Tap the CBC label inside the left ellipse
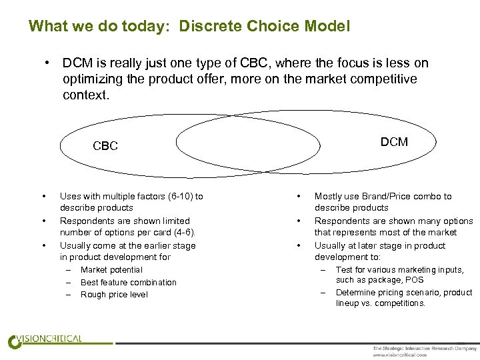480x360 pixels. pyautogui.click(x=105, y=146)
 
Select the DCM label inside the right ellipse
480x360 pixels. pyautogui.click(x=394, y=142)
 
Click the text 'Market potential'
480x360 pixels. pyautogui.click(x=111, y=270)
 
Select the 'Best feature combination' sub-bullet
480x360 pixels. pyautogui.click(x=129, y=283)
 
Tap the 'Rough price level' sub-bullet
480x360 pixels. pyautogui.click(x=114, y=295)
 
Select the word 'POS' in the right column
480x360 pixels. pyautogui.click(x=414, y=281)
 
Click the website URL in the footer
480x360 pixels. pyautogui.click(x=400, y=355)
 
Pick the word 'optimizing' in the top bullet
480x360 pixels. pyautogui.click(x=93, y=79)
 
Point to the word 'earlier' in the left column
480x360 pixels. pyautogui.click(x=153, y=245)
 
